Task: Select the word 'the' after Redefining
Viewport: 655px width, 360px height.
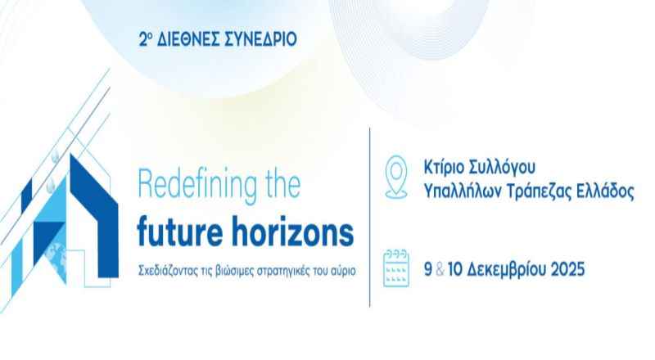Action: pos(278,185)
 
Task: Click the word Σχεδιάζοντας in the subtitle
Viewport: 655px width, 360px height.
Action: pos(171,270)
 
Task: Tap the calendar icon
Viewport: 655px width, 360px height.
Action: pos(396,267)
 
